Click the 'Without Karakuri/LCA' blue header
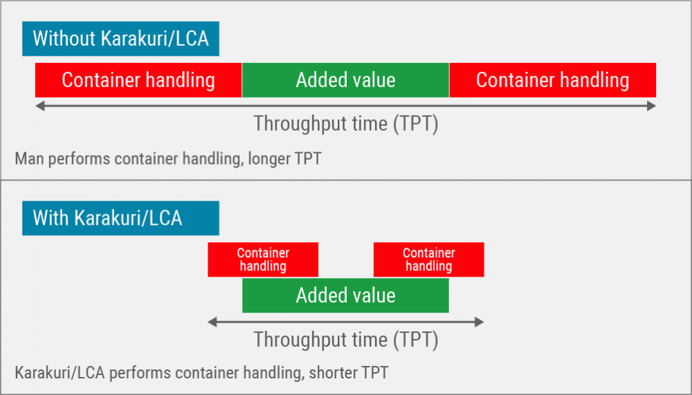coord(120,39)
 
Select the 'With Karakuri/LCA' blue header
coord(120,219)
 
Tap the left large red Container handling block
coord(138,80)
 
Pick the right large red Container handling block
coord(552,80)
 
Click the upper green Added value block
coord(345,80)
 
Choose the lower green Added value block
coord(345,295)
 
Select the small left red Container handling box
coord(263,259)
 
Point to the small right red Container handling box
coord(428,259)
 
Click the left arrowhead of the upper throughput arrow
coord(39,106)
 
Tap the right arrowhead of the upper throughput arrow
coord(651,106)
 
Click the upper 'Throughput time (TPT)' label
coord(345,125)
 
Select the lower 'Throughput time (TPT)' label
coord(345,340)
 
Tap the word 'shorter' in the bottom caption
coord(331,373)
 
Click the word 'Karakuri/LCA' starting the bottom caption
coord(60,373)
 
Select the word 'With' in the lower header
coord(51,219)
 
